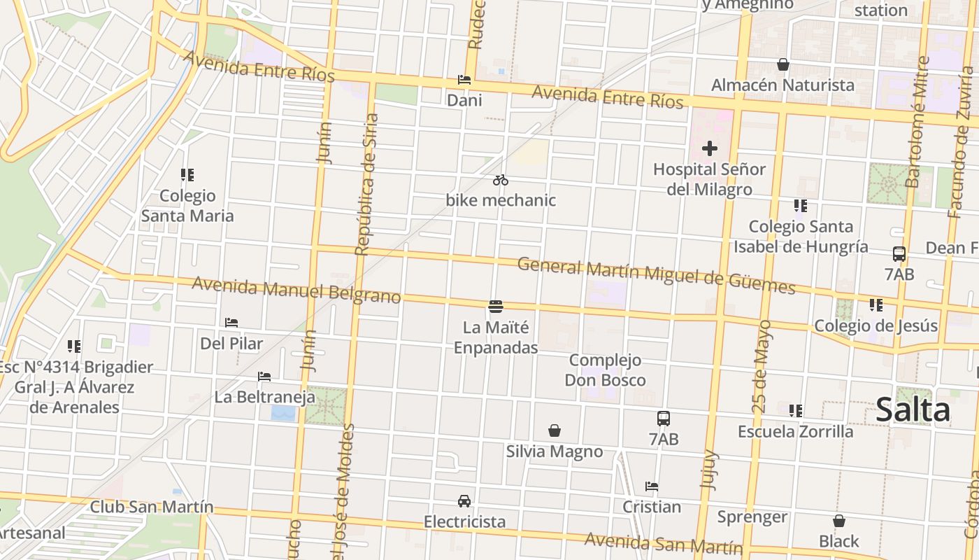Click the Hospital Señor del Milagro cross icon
(710, 148)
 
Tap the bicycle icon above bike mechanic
(500, 180)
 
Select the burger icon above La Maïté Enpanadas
(496, 306)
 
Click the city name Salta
(913, 409)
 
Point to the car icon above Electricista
(464, 501)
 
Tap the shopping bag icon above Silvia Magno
(555, 430)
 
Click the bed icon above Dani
(464, 80)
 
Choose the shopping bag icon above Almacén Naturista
(783, 64)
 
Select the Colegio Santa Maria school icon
(187, 174)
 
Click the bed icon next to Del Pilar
(231, 323)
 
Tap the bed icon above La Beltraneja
(264, 377)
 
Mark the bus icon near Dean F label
(899, 254)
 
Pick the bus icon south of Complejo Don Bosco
(664, 419)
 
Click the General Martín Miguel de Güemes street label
(656, 276)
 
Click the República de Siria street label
(366, 184)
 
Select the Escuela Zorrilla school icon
(796, 411)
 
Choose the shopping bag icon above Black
(838, 521)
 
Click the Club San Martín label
(152, 507)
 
